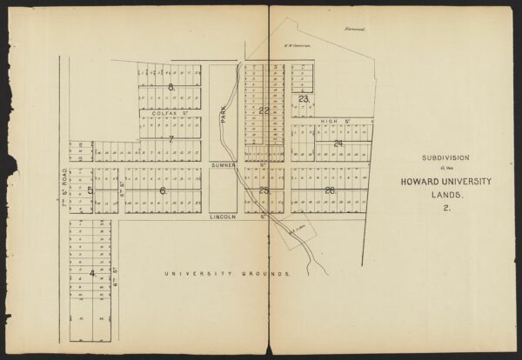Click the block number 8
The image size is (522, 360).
pyautogui.click(x=171, y=88)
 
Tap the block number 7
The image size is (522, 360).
pyautogui.click(x=171, y=139)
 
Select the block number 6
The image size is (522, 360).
pyautogui.click(x=162, y=190)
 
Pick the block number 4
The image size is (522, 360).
pyautogui.click(x=91, y=272)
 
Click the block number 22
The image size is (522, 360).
pyautogui.click(x=264, y=110)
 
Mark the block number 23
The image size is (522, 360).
pyautogui.click(x=303, y=99)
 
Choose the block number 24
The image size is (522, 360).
pyautogui.click(x=338, y=143)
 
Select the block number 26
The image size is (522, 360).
pyautogui.click(x=330, y=190)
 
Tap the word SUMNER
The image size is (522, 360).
pyautogui.click(x=224, y=163)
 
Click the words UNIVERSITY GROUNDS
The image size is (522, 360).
pyautogui.click(x=228, y=273)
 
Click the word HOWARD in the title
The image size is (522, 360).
pyautogui.click(x=420, y=181)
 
